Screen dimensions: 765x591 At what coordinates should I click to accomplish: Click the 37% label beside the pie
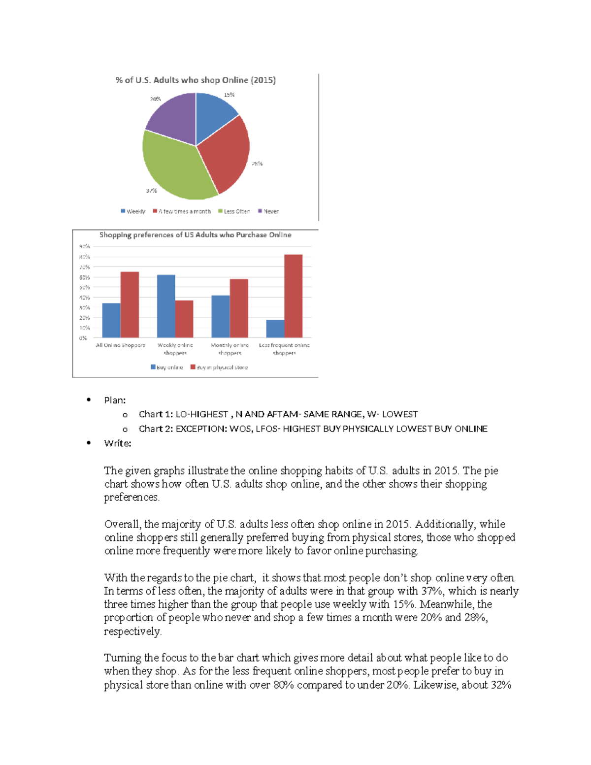point(151,191)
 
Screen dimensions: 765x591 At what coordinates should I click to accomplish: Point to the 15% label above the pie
point(229,95)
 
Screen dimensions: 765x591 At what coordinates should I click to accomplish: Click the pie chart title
point(196,80)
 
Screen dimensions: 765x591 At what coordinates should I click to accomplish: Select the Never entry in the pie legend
point(268,211)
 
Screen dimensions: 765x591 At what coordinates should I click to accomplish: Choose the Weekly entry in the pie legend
point(133,211)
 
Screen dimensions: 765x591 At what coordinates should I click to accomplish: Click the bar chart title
point(195,235)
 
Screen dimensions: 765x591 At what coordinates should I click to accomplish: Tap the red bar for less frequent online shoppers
point(294,296)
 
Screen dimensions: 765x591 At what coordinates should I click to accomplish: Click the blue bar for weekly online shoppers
point(166,306)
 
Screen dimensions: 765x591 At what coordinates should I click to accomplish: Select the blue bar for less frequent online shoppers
point(275,329)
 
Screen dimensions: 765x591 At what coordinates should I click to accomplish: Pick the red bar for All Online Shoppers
point(130,304)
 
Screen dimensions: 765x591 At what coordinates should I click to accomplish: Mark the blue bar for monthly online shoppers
point(221,316)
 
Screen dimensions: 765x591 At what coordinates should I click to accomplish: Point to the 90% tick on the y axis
point(84,246)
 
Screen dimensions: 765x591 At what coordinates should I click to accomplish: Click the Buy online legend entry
point(167,367)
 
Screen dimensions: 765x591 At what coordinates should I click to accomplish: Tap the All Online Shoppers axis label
point(120,345)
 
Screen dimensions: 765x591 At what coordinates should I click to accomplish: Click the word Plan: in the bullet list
point(115,400)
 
